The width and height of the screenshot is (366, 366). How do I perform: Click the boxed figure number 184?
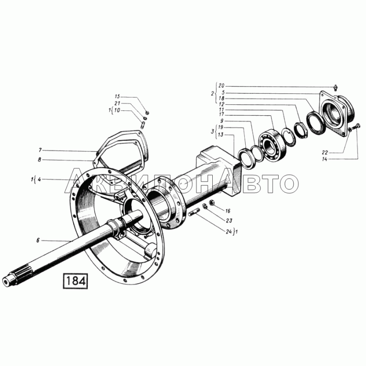[x=75, y=280]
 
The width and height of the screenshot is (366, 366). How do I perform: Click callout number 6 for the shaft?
[x=38, y=240]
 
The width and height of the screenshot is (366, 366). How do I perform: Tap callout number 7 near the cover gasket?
[x=40, y=150]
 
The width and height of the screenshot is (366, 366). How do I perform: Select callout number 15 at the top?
[x=117, y=97]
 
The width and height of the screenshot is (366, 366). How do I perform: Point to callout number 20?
[x=221, y=86]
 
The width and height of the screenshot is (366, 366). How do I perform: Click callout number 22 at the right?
[x=325, y=153]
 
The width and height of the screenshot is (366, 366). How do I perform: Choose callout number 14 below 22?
[x=324, y=159]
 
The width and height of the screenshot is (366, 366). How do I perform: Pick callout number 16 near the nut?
[x=227, y=211]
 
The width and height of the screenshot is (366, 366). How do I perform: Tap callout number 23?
[x=229, y=221]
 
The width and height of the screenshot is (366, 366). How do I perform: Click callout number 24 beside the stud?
[x=229, y=231]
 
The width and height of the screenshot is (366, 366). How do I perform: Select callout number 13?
[x=221, y=135]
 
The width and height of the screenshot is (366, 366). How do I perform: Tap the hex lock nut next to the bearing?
[x=301, y=129]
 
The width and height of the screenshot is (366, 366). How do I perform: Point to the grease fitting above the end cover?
[x=336, y=88]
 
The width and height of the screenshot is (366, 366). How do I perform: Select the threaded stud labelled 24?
[x=194, y=212]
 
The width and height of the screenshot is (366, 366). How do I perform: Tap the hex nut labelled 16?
[x=212, y=203]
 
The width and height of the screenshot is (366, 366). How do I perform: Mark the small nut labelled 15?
[x=147, y=113]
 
